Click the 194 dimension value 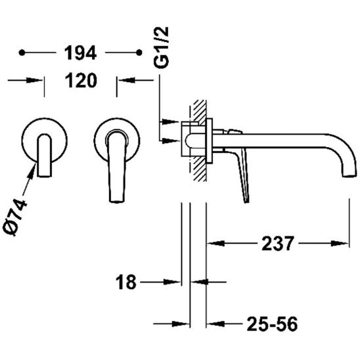tap(80, 53)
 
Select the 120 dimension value tap(81, 80)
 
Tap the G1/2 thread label tap(162, 47)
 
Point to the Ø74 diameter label tap(15, 217)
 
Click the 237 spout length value tap(278, 244)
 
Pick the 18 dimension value tap(126, 282)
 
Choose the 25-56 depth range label tap(272, 324)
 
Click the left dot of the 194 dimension tap(22, 53)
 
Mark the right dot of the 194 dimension tap(139, 53)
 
